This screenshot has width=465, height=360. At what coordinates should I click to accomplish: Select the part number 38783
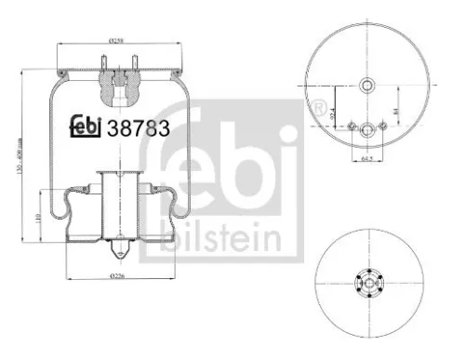point(139,129)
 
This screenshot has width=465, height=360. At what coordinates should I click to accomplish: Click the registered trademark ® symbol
point(321,109)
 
